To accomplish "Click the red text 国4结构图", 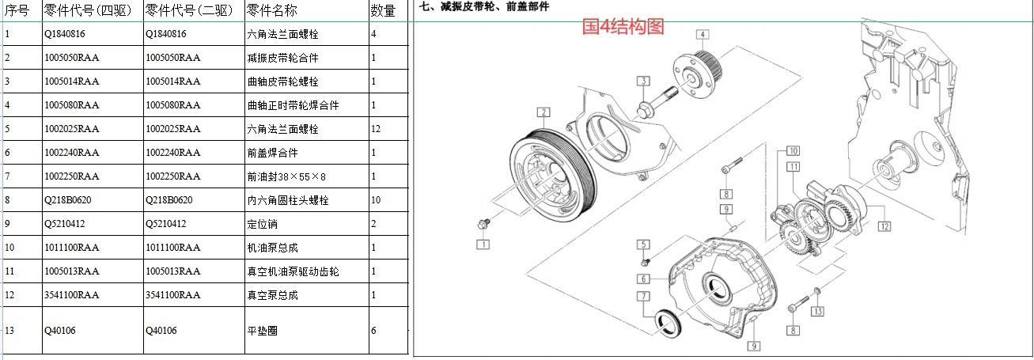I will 623,27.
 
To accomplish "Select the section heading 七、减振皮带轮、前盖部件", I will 484,6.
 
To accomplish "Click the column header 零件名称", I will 272,10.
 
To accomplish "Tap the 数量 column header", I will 382,10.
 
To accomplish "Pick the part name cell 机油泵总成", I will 272,248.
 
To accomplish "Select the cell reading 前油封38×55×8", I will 286,176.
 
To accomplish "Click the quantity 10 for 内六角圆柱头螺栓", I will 377,200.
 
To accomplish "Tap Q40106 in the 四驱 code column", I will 60,331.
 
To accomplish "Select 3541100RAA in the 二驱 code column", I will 173,295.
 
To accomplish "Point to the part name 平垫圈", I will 263,331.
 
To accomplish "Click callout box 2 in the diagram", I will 543,112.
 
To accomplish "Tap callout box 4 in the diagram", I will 703,34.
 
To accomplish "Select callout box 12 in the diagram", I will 884,226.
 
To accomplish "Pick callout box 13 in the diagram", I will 818,310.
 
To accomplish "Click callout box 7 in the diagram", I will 644,296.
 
